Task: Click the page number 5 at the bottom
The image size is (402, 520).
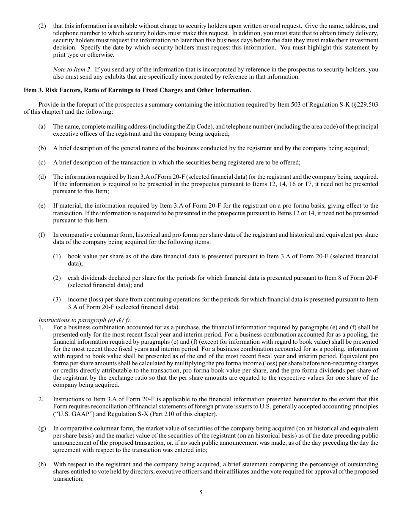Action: point(201,492)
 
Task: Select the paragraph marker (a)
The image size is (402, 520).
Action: point(42,126)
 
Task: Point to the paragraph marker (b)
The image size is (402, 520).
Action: point(42,148)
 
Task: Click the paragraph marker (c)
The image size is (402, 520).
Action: point(42,162)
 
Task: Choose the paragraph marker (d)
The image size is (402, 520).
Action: point(42,177)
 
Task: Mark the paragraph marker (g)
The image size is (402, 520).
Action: point(42,429)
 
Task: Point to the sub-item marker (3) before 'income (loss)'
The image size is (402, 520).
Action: point(57,299)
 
